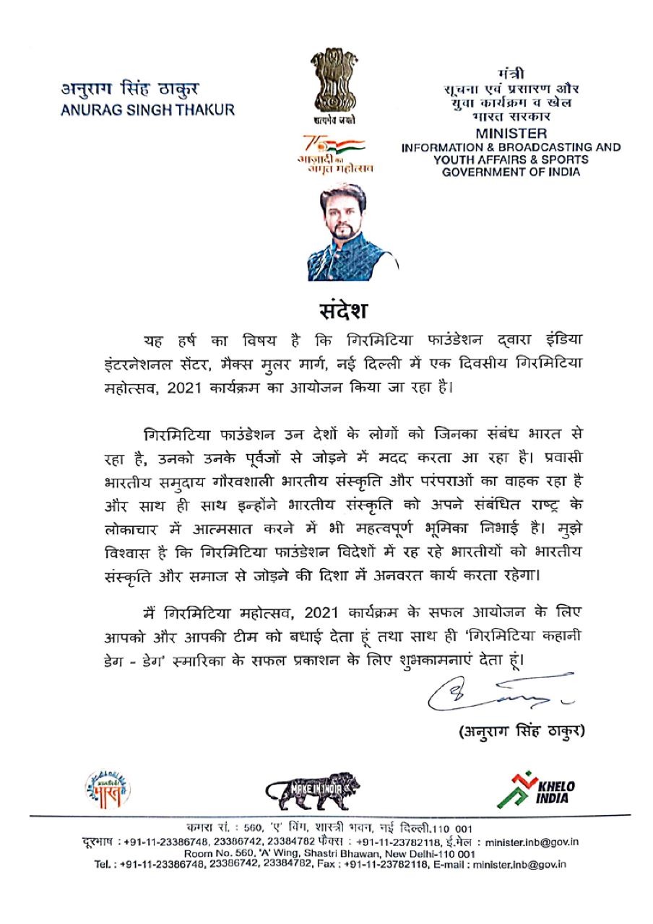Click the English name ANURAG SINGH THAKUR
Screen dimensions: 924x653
(x=147, y=110)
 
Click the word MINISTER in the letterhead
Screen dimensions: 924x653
(x=511, y=134)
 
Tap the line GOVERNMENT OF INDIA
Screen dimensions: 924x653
(x=511, y=171)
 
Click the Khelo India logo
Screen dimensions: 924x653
(x=535, y=789)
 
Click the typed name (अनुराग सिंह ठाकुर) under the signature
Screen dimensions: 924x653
(x=521, y=731)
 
